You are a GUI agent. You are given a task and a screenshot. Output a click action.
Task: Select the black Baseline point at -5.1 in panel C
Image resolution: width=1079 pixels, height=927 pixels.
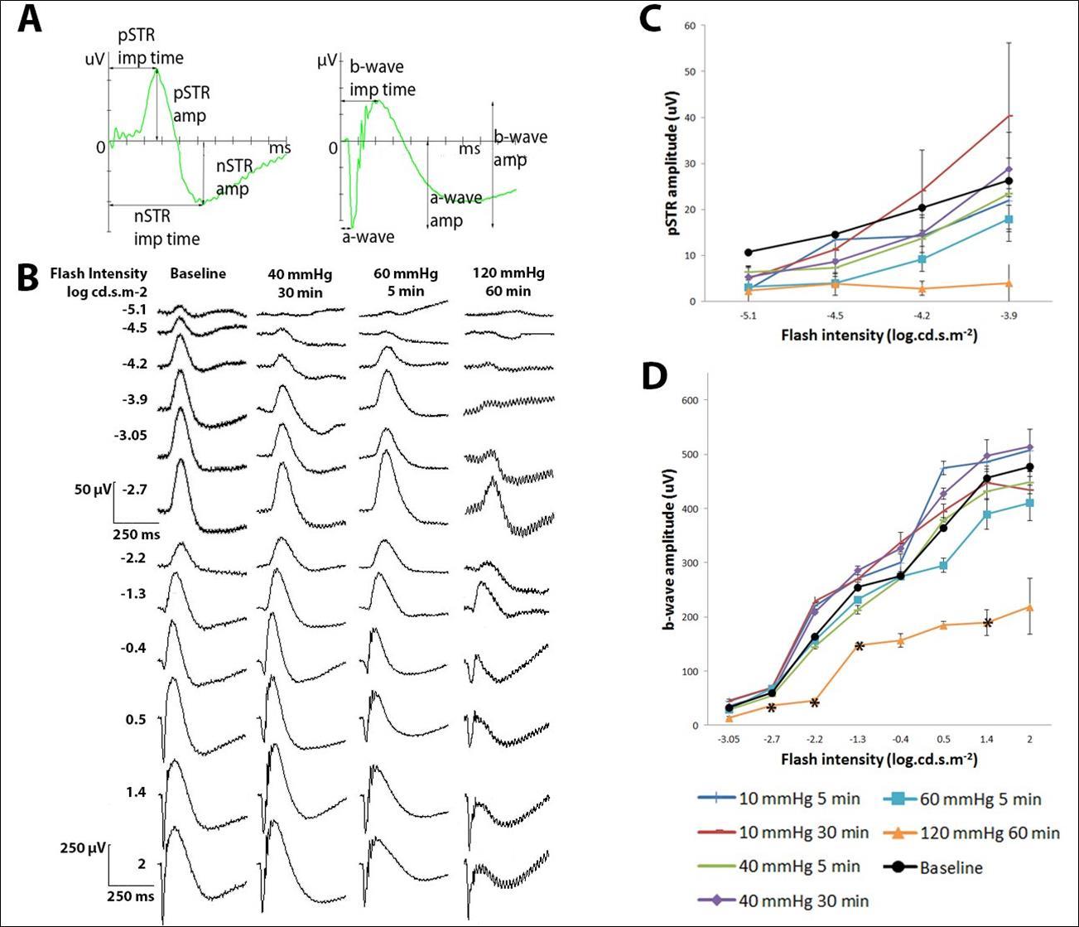pyautogui.click(x=749, y=252)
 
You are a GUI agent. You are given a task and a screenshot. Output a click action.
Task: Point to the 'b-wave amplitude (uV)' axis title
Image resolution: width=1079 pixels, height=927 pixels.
pyautogui.click(x=667, y=562)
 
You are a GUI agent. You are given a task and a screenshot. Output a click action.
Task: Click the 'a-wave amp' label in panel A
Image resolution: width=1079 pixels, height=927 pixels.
pyautogui.click(x=455, y=210)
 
